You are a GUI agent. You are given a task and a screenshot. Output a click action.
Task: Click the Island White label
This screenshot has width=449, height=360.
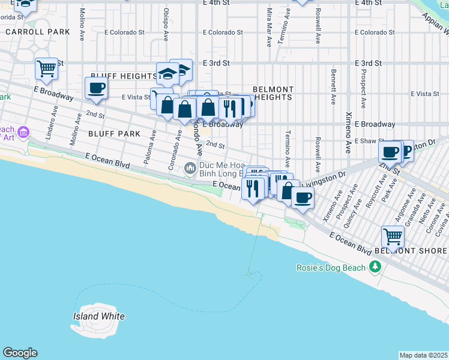pyautogui.click(x=99, y=316)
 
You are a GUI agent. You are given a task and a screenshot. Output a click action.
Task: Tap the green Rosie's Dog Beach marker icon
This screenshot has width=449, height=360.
pyautogui.click(x=376, y=266)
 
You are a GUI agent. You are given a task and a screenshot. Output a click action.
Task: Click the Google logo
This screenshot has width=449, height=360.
pyautogui.click(x=20, y=353)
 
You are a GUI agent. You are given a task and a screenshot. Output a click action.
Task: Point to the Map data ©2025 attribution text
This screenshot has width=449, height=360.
pyautogui.click(x=423, y=355)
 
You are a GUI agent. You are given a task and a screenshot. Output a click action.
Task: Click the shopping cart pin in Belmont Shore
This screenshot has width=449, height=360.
pyautogui.click(x=392, y=236)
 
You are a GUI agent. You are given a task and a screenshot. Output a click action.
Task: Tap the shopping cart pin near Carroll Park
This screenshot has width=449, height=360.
pyautogui.click(x=46, y=68)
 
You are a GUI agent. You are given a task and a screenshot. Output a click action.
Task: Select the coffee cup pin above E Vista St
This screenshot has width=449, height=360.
pyautogui.click(x=95, y=89)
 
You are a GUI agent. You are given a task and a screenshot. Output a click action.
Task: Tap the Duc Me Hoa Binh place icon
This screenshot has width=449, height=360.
pyautogui.click(x=191, y=168)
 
